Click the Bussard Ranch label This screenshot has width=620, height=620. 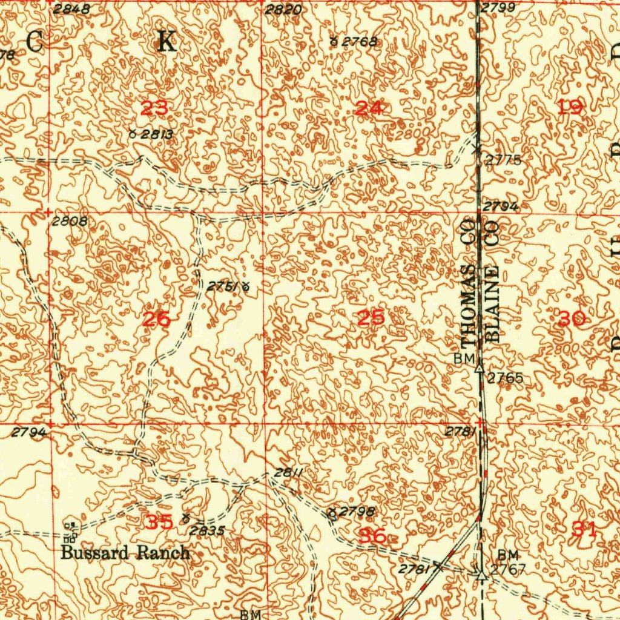pyautogui.click(x=125, y=553)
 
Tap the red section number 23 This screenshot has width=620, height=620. pyautogui.click(x=154, y=109)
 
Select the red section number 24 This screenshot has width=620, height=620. pyautogui.click(x=369, y=109)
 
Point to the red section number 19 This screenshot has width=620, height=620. pyautogui.click(x=570, y=108)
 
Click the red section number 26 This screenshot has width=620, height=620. pyautogui.click(x=156, y=319)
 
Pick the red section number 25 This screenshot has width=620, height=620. pyautogui.click(x=371, y=318)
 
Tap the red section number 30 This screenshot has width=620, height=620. pyautogui.click(x=572, y=318)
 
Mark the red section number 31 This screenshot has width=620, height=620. pyautogui.click(x=584, y=530)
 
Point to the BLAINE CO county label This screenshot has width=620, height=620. pyautogui.click(x=492, y=281)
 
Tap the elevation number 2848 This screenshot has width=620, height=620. pyautogui.click(x=71, y=8)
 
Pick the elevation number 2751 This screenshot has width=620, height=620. pyautogui.click(x=222, y=286)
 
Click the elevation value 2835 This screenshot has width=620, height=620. pyautogui.click(x=206, y=531)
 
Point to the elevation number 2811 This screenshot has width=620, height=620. pyautogui.click(x=287, y=472)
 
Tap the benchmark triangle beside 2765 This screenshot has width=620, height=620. pyautogui.click(x=480, y=367)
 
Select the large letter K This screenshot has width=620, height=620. pyautogui.click(x=167, y=42)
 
